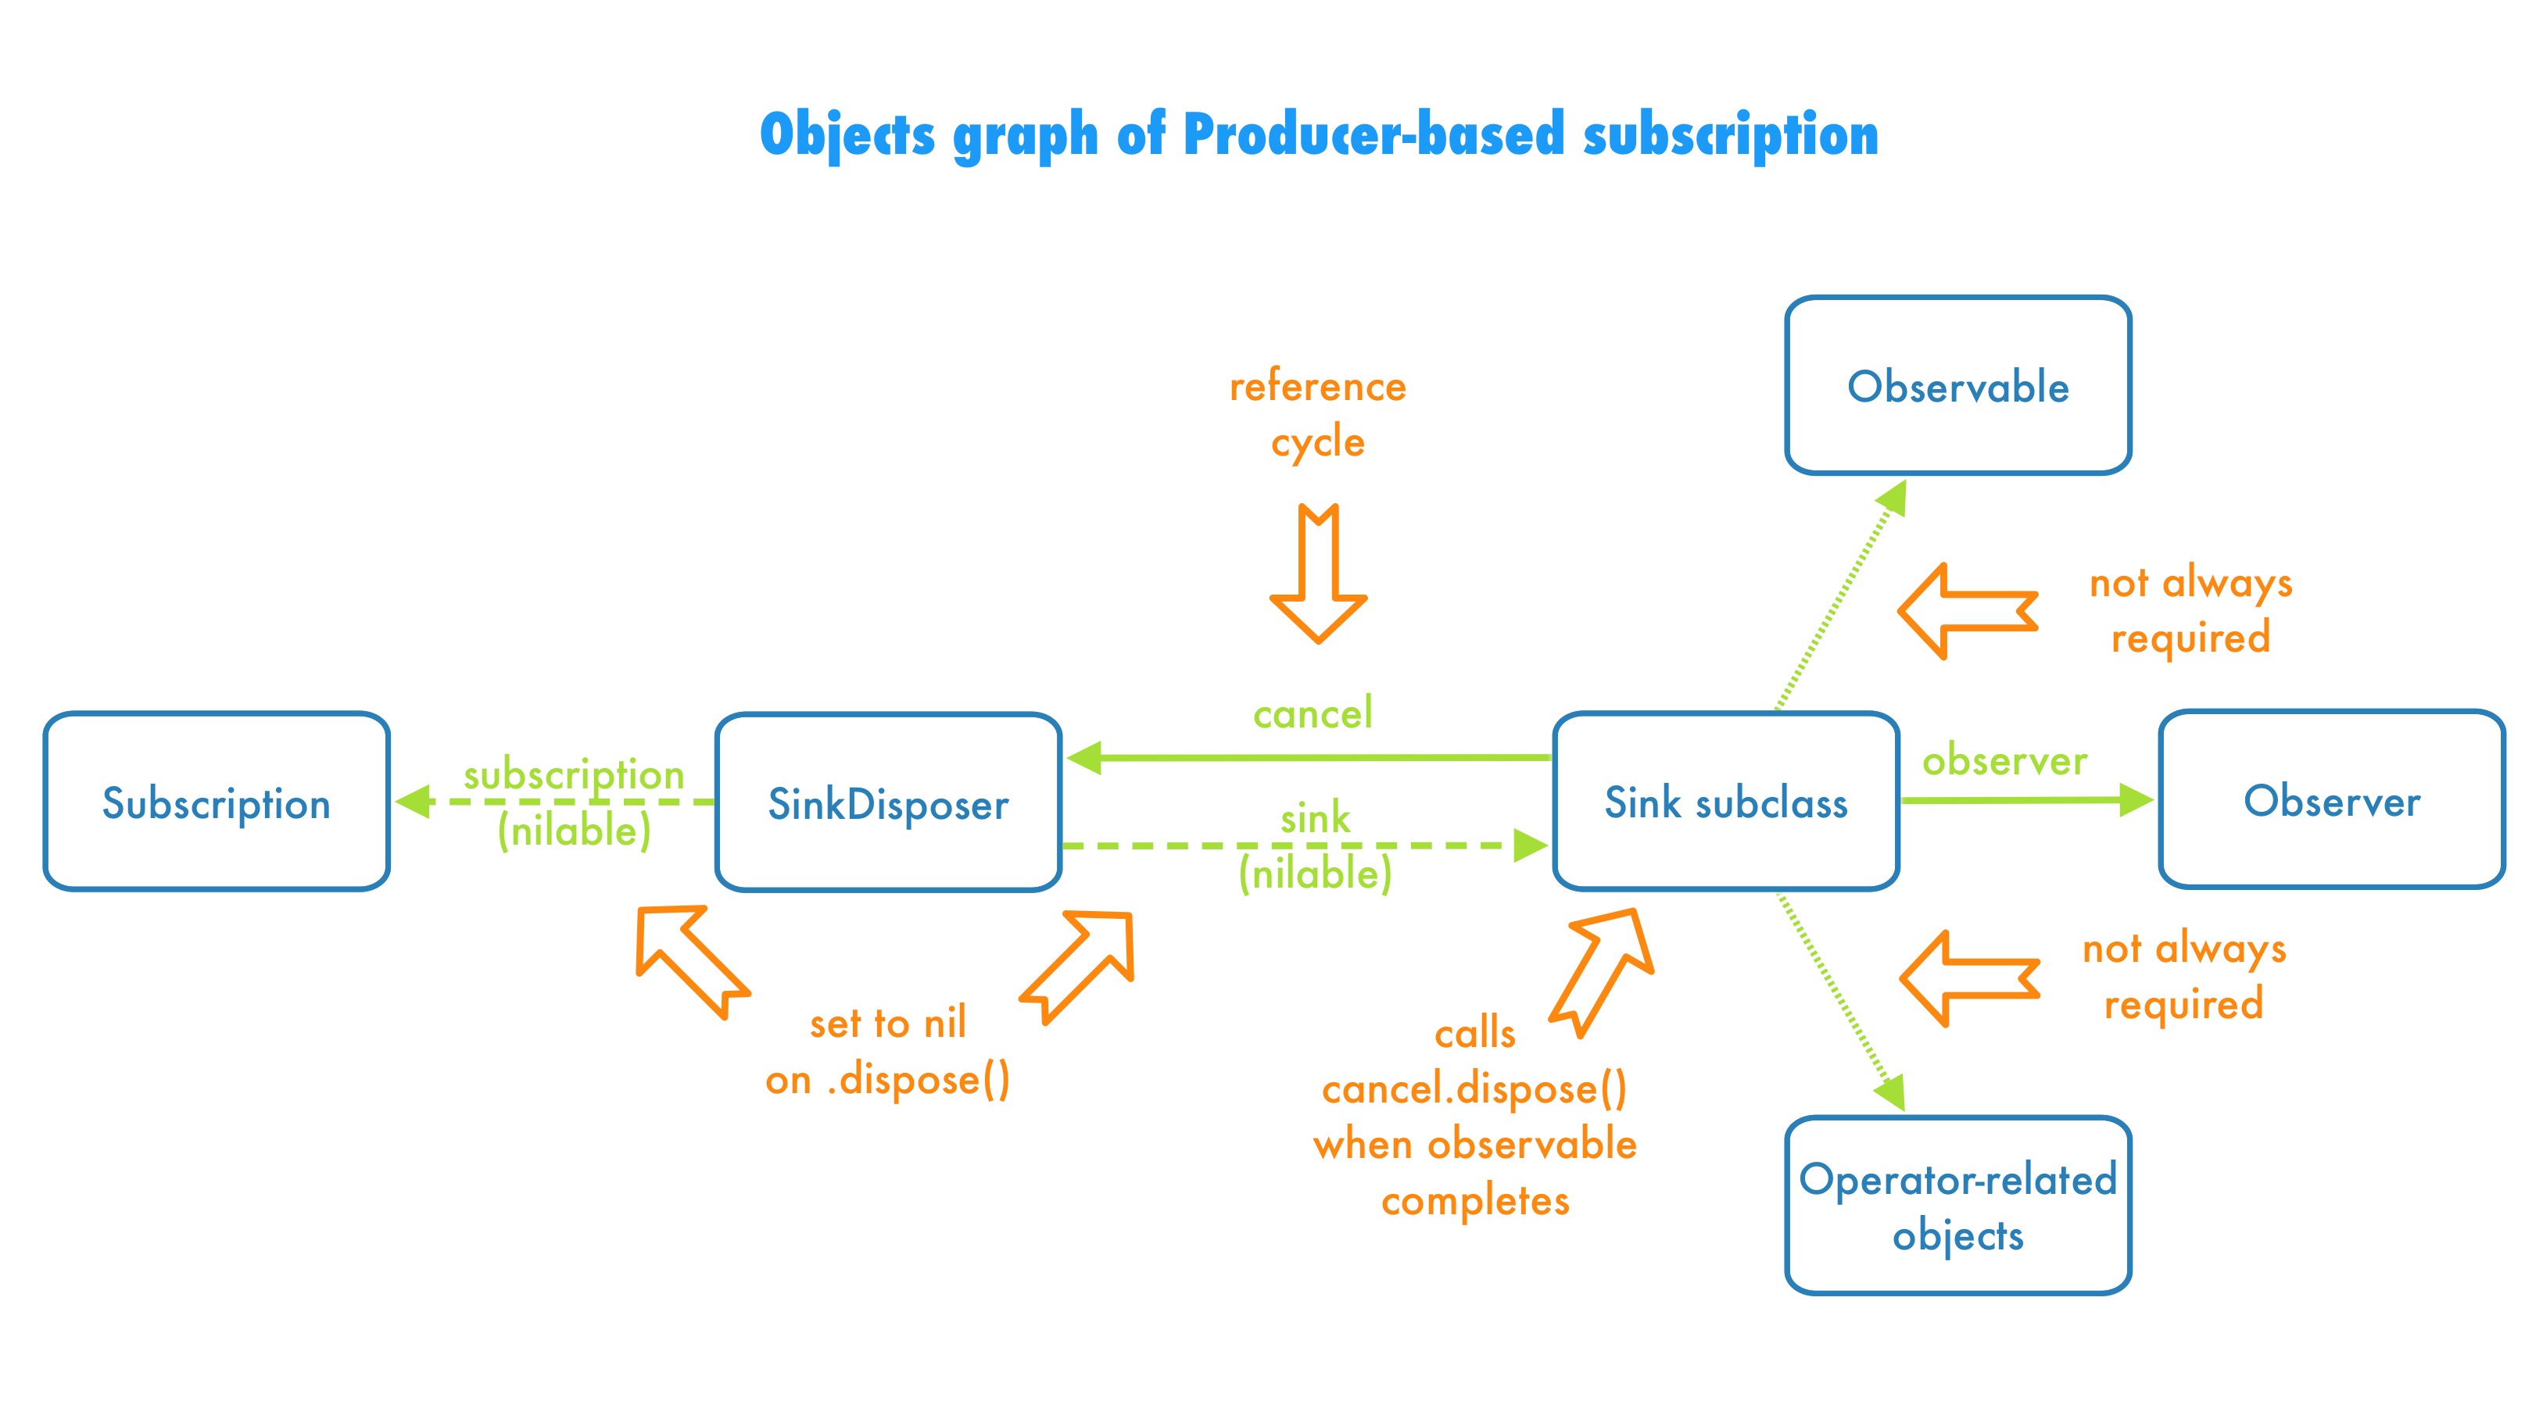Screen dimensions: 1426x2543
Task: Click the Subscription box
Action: (217, 802)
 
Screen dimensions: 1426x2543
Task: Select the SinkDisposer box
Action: (887, 803)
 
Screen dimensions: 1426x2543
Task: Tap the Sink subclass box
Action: (1725, 802)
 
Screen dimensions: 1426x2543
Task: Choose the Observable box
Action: (1957, 386)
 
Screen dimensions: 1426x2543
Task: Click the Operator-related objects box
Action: (1957, 1206)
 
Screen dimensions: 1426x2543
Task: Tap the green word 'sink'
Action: (1315, 818)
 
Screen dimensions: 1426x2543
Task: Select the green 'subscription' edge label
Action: (574, 774)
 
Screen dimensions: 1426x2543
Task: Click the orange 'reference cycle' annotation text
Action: (1317, 413)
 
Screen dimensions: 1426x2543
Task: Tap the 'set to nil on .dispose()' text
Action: (887, 1051)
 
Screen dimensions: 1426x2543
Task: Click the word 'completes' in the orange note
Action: (1475, 1201)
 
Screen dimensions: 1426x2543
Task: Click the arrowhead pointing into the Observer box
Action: (2134, 799)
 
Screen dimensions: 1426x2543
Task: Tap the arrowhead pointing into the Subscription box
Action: (413, 802)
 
